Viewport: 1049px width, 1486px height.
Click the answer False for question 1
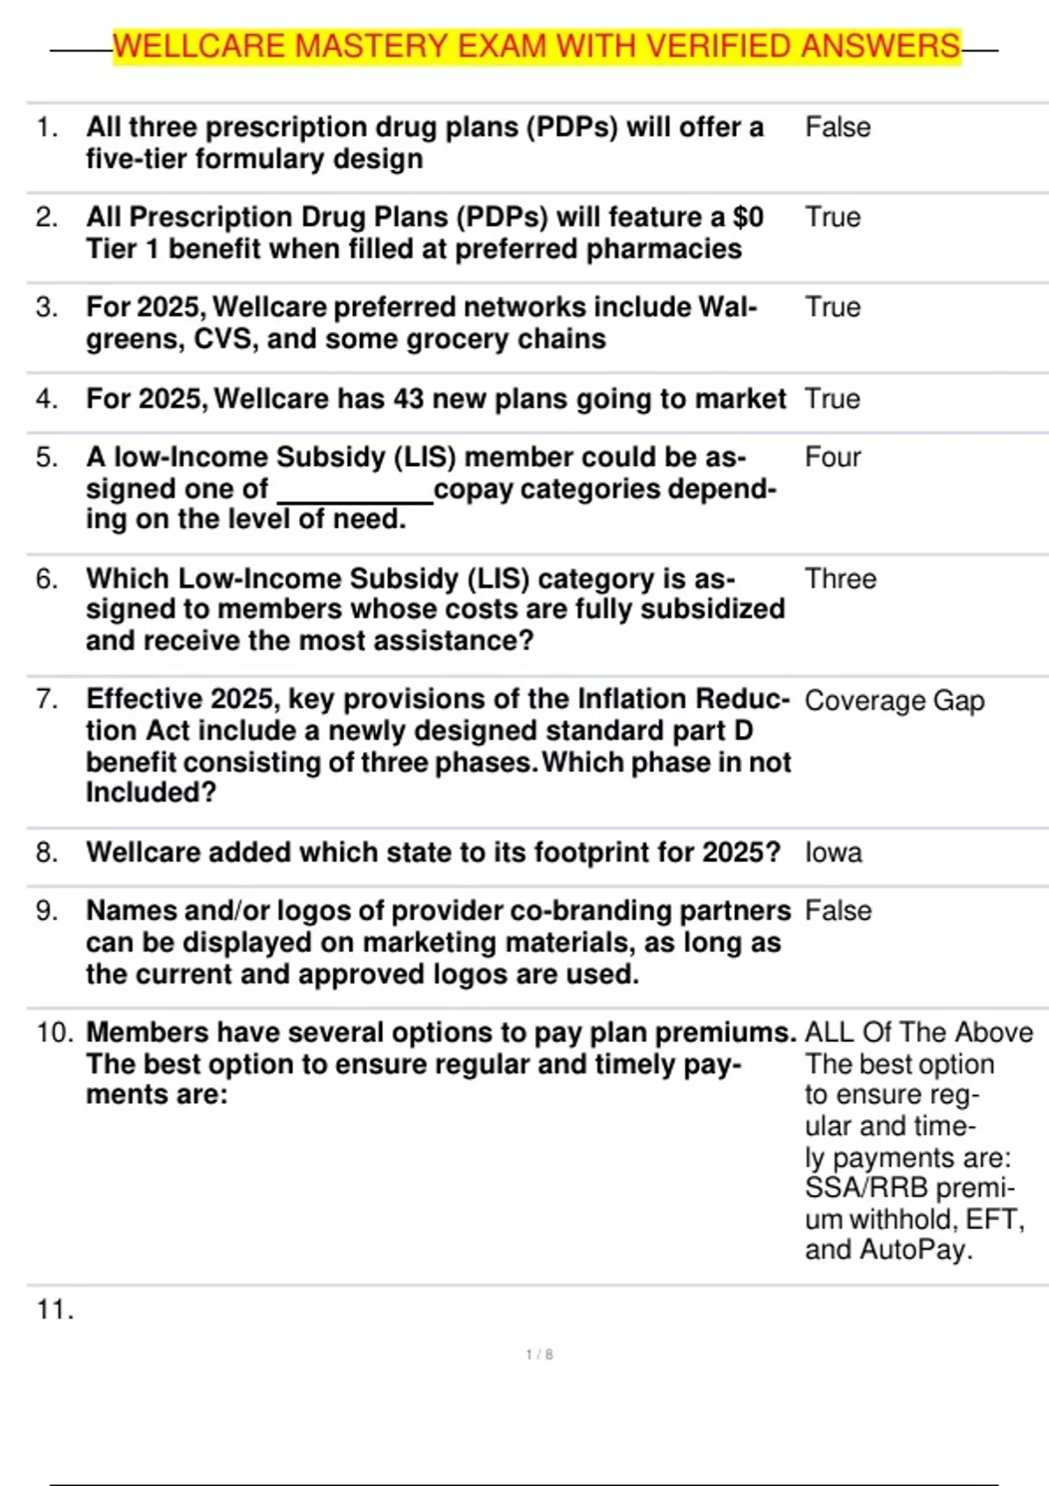point(837,128)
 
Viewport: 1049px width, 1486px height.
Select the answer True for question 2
point(832,218)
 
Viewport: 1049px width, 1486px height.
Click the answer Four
point(832,457)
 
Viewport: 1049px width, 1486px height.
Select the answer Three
point(840,579)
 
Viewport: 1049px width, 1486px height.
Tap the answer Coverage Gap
point(894,701)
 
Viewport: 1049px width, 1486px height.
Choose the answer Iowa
point(833,853)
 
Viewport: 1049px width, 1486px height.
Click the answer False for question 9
point(837,911)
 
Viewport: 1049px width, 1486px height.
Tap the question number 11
point(54,1310)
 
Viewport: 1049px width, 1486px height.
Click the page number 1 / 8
point(539,1355)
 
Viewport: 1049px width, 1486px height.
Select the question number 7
point(47,700)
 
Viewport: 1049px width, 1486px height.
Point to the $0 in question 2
point(748,218)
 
